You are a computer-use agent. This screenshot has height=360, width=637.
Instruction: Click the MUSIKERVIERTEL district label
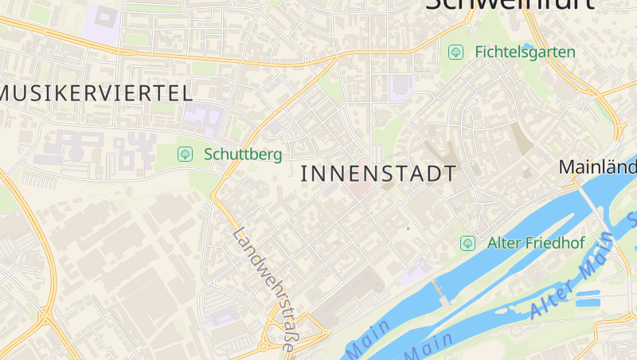[96, 92]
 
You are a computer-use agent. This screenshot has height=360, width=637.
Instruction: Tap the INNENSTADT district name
[380, 174]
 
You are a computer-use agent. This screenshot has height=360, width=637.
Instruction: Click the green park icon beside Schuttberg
[186, 153]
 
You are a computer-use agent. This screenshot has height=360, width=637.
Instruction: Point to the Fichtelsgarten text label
[524, 52]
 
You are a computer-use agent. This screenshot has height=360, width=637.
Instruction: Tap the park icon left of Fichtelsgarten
[456, 52]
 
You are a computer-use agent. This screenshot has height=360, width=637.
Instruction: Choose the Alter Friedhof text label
[536, 242]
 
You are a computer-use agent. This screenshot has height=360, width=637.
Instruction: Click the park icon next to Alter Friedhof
[468, 242]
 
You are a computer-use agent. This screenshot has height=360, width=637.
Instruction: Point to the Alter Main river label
[569, 279]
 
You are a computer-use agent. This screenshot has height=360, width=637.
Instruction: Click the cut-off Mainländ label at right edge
[597, 167]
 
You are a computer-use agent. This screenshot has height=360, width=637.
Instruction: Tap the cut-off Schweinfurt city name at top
[510, 4]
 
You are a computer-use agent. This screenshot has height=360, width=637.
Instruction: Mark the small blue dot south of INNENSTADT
[408, 229]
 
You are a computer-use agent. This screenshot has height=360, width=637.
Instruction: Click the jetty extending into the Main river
[440, 292]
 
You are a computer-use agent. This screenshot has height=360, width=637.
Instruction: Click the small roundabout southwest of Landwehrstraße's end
[262, 346]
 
